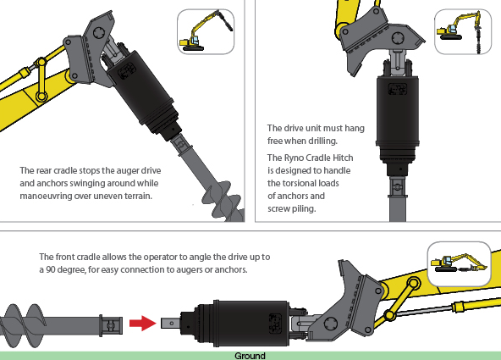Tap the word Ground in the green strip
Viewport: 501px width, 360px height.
coord(250,356)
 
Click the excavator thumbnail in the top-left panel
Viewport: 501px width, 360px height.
coord(201,32)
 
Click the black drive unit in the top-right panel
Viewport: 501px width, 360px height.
coord(397,119)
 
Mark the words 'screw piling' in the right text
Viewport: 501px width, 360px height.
coord(292,208)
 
